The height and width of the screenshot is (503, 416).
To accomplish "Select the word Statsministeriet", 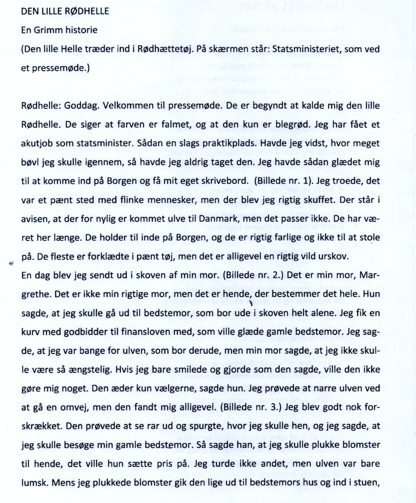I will (x=297, y=49).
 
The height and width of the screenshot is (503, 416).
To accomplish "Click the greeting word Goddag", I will (x=81, y=105).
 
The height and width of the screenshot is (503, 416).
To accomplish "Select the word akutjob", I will (x=37, y=143).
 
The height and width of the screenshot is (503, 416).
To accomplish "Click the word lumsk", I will (x=35, y=483).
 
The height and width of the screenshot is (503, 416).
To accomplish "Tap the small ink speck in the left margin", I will (x=11, y=263).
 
